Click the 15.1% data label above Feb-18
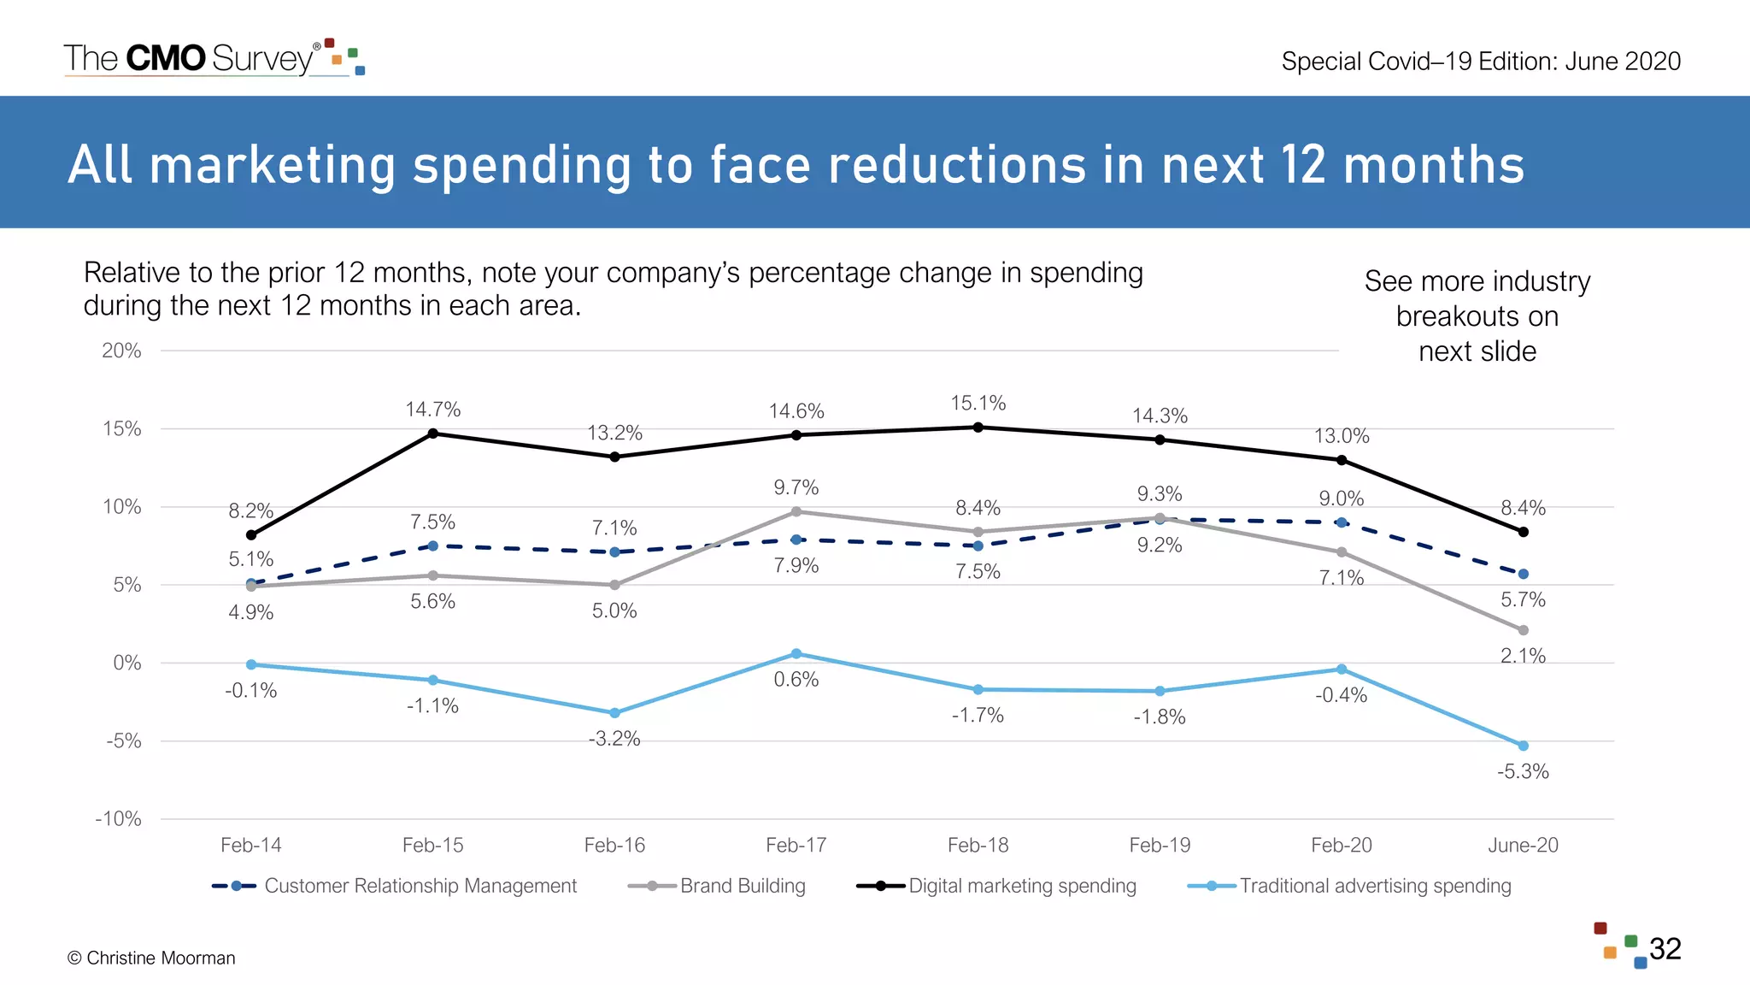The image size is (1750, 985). pyautogui.click(x=978, y=403)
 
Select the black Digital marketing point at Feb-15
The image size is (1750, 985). pyautogui.click(x=433, y=434)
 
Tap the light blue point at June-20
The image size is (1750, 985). pyautogui.click(x=1523, y=746)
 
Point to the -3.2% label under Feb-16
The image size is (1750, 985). pyautogui.click(x=614, y=739)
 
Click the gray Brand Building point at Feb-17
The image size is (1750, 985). pyautogui.click(x=796, y=511)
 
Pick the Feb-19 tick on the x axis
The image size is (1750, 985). pyautogui.click(x=1160, y=845)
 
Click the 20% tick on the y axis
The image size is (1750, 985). pyautogui.click(x=121, y=351)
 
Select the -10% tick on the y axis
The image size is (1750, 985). pyautogui.click(x=119, y=819)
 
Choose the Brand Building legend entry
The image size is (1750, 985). pyautogui.click(x=742, y=886)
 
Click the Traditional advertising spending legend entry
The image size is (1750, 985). pyautogui.click(x=1375, y=886)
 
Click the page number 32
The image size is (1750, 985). pyautogui.click(x=1665, y=949)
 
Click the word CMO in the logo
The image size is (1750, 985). pyautogui.click(x=166, y=58)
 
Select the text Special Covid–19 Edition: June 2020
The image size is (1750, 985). pyautogui.click(x=1481, y=62)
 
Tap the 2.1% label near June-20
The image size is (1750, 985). pyautogui.click(x=1523, y=656)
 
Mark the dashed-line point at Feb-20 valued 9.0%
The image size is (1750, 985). pyautogui.click(x=1342, y=522)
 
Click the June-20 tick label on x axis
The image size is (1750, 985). pyautogui.click(x=1523, y=845)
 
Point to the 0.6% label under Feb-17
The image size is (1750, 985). pyautogui.click(x=796, y=680)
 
